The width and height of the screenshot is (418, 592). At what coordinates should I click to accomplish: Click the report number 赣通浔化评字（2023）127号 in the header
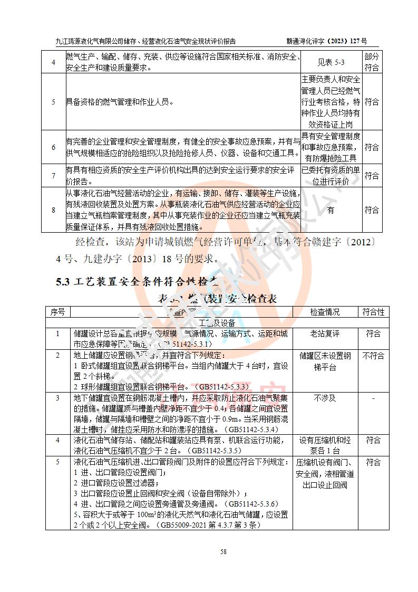pyautogui.click(x=326, y=41)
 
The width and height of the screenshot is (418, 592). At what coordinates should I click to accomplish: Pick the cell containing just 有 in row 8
pyautogui.click(x=330, y=210)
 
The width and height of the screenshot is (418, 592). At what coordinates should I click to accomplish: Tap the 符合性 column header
pyautogui.click(x=373, y=312)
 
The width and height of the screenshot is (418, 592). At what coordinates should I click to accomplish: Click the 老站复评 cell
pyautogui.click(x=325, y=333)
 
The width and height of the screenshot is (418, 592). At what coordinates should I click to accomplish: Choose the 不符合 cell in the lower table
pyautogui.click(x=373, y=356)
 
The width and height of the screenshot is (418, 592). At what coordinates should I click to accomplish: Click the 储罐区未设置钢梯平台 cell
pyautogui.click(x=325, y=361)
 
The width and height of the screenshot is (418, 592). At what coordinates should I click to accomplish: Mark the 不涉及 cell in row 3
pyautogui.click(x=325, y=398)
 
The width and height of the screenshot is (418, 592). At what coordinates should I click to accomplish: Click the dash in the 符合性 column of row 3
pyautogui.click(x=373, y=398)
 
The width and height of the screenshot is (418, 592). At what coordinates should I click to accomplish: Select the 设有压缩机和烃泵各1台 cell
pyautogui.click(x=325, y=445)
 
